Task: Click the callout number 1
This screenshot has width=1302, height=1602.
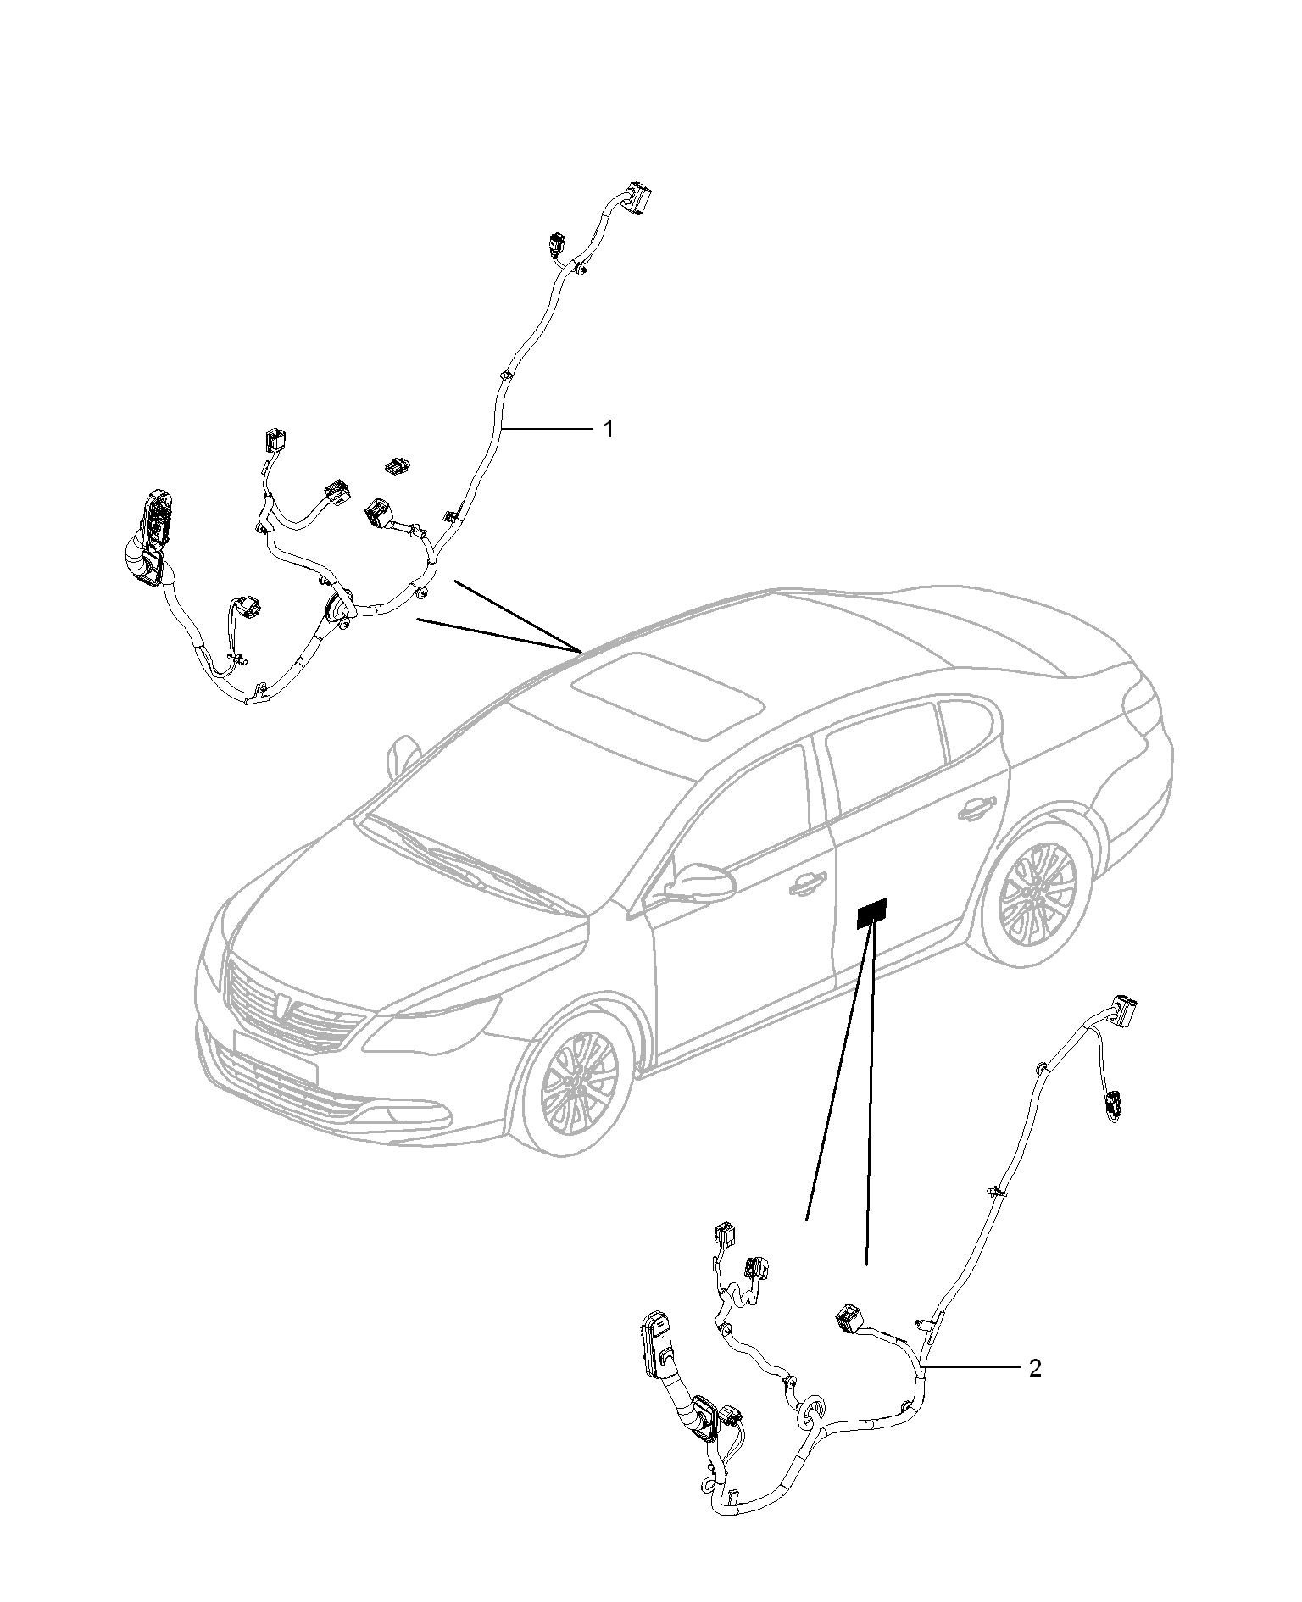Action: click(607, 429)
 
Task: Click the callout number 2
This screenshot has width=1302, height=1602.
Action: click(1034, 1368)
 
